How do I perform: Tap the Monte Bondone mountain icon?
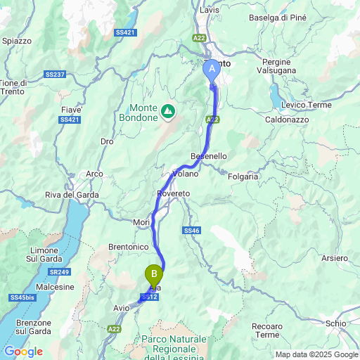168,110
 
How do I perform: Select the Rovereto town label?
174,193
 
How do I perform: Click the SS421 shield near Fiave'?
69,120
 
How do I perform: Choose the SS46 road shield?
192,230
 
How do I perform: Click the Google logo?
23,351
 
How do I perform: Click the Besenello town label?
208,155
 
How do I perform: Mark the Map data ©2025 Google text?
316,354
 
